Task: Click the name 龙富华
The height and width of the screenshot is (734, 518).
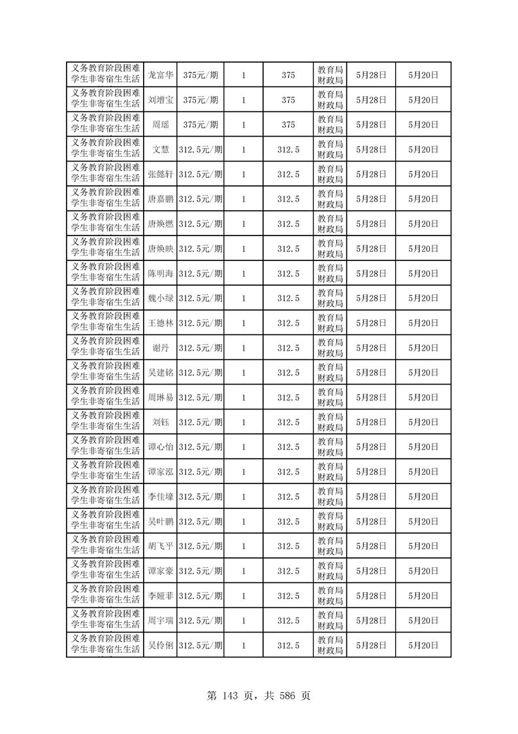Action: point(160,75)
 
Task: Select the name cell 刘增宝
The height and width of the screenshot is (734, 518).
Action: point(160,100)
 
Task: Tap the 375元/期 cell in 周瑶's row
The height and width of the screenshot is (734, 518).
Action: point(201,125)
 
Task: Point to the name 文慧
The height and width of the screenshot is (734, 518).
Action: point(160,150)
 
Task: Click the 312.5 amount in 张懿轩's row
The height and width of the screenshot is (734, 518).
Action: point(288,175)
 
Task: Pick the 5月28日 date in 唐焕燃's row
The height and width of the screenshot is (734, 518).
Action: point(371,224)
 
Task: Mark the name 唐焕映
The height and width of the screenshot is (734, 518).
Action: point(160,249)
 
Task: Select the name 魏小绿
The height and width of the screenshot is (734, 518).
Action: point(160,298)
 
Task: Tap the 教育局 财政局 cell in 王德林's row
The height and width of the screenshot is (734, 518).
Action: point(330,323)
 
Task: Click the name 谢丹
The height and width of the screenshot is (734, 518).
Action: point(160,348)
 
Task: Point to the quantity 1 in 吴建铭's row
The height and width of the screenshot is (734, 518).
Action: point(244,373)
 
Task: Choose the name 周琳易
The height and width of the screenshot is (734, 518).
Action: point(160,398)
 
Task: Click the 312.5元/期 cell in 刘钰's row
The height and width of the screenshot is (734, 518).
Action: point(201,422)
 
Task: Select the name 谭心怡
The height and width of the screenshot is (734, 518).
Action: point(160,447)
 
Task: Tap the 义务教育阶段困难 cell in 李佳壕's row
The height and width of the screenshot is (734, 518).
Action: point(105,497)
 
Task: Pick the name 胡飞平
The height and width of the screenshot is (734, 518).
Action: point(160,546)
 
